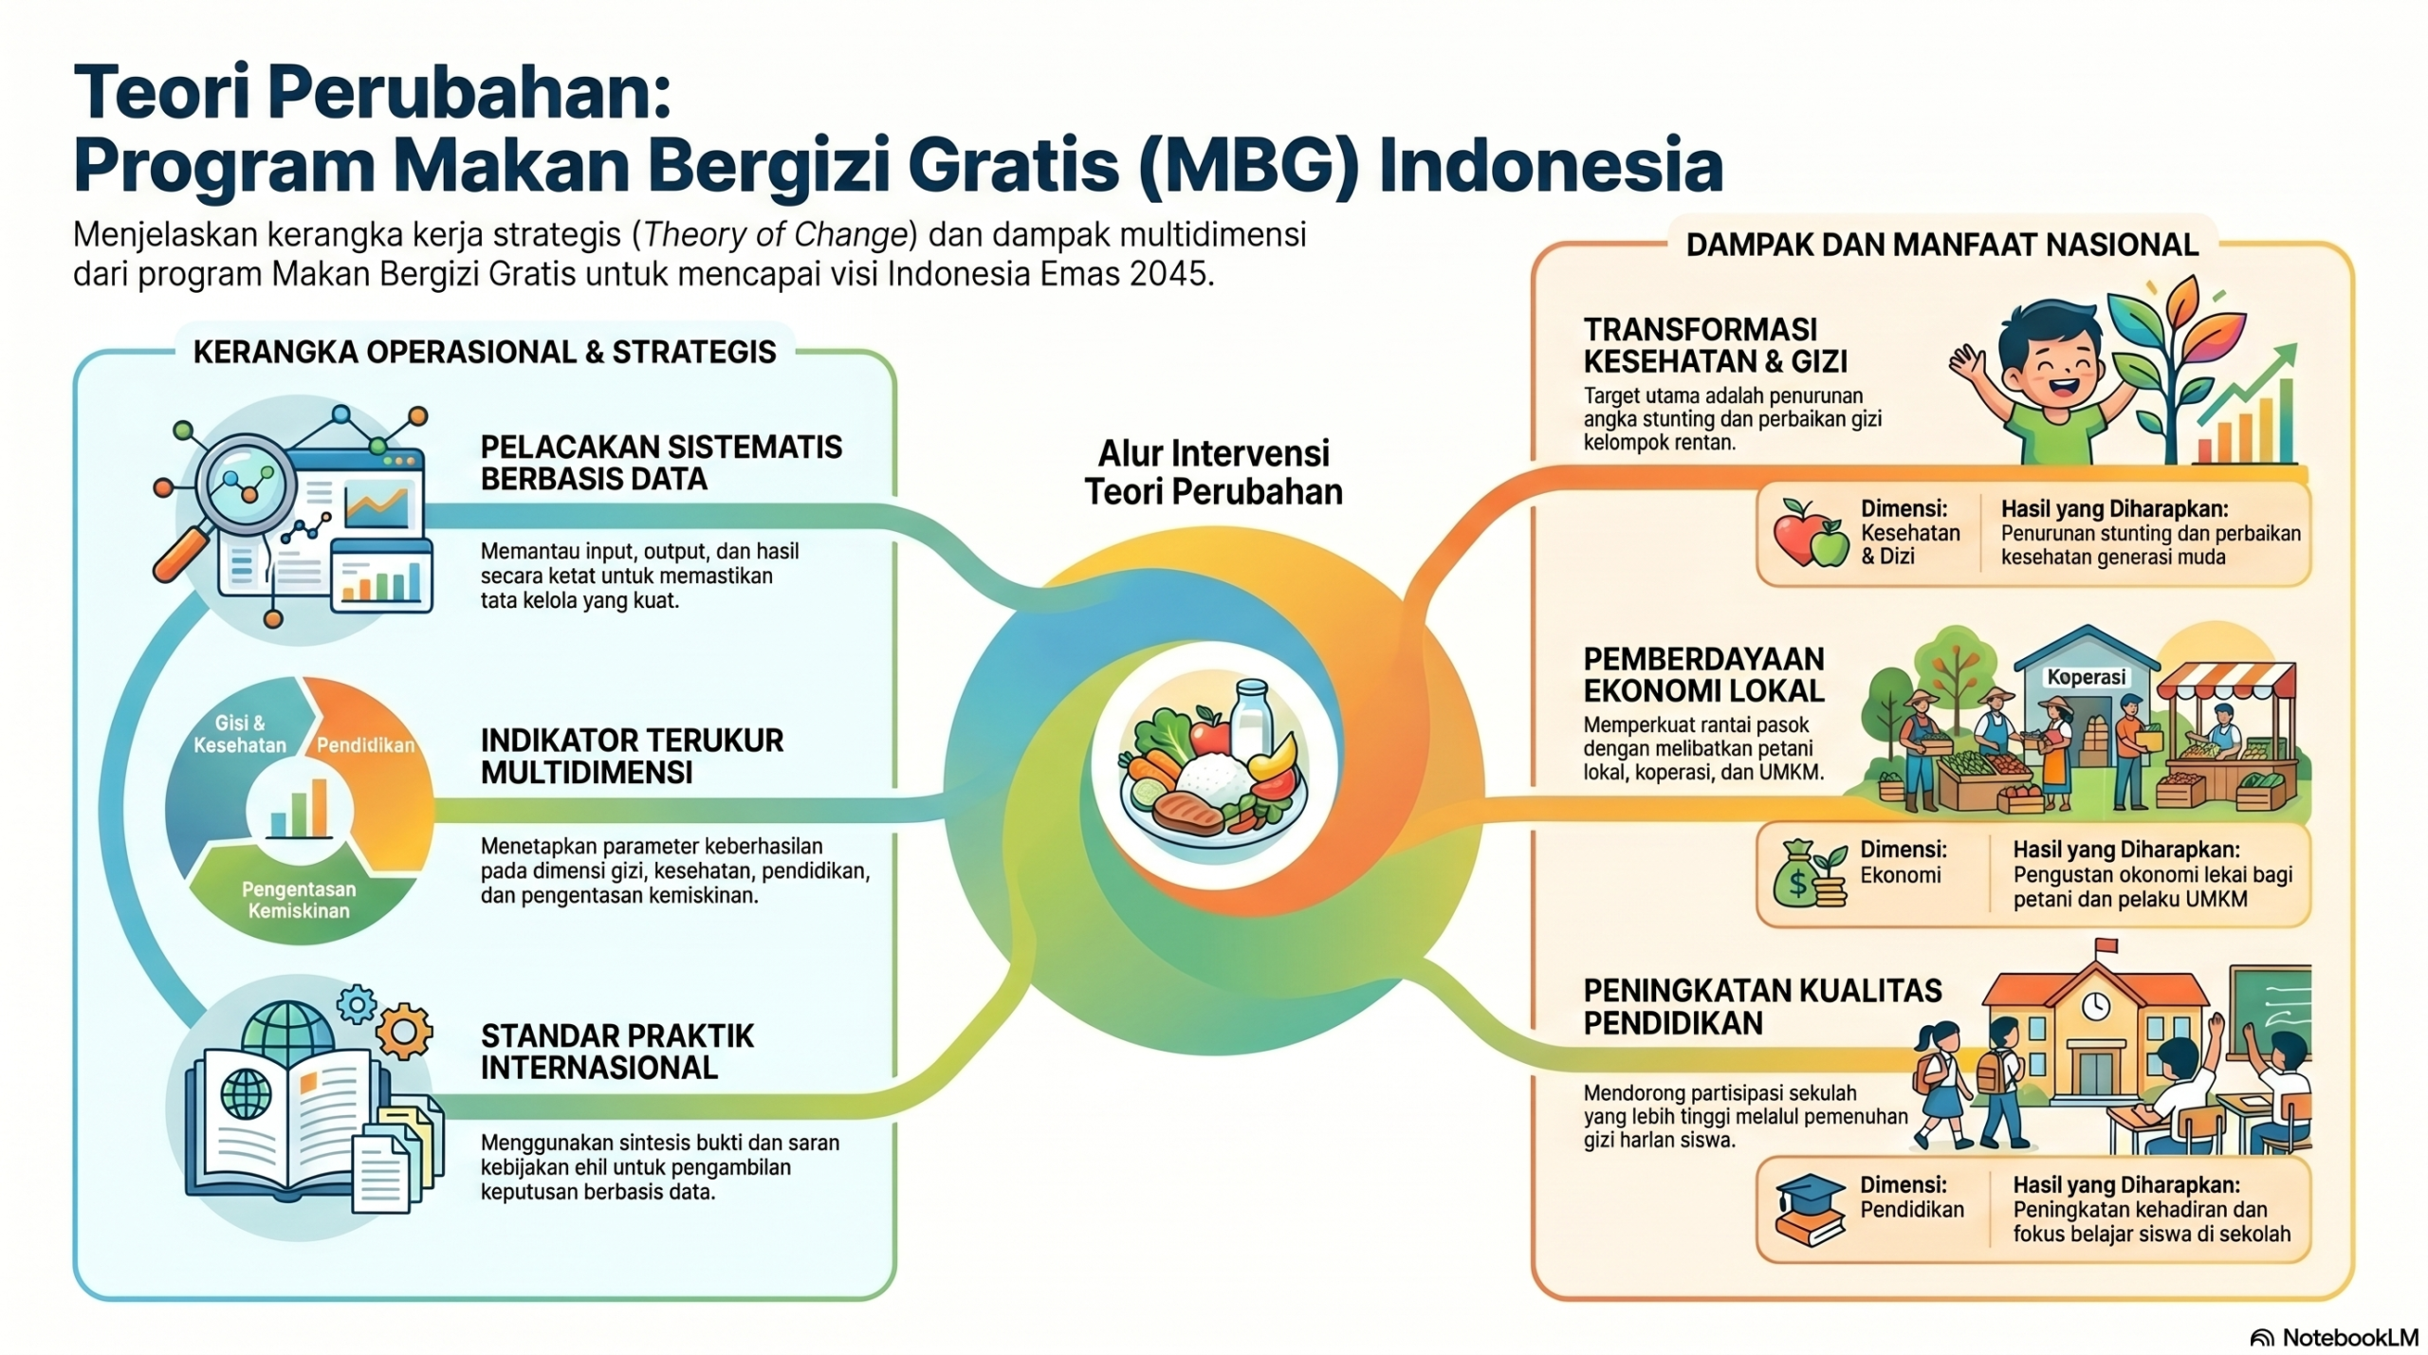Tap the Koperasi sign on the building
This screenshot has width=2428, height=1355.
[x=2086, y=677]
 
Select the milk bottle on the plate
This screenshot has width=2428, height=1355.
[x=1251, y=719]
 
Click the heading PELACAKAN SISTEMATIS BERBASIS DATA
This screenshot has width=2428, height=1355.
[x=661, y=462]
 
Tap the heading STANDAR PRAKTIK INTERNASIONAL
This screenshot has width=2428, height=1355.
[x=616, y=1051]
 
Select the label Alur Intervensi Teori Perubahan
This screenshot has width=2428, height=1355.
[x=1214, y=472]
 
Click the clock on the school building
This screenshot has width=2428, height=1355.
[x=2095, y=1005]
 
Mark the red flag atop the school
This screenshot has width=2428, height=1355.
[x=2105, y=945]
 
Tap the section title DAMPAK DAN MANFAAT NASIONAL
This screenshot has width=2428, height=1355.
[x=1941, y=245]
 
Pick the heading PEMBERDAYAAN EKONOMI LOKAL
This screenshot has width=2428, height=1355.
[x=1703, y=674]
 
